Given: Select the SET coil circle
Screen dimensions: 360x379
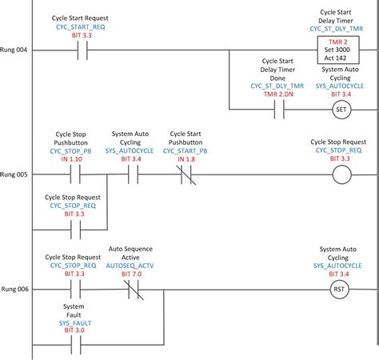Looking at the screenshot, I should pyautogui.click(x=342, y=110).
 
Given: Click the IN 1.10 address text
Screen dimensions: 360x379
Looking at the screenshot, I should pyautogui.click(x=72, y=160).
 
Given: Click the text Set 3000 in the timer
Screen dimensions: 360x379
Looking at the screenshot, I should pyautogui.click(x=338, y=50).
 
